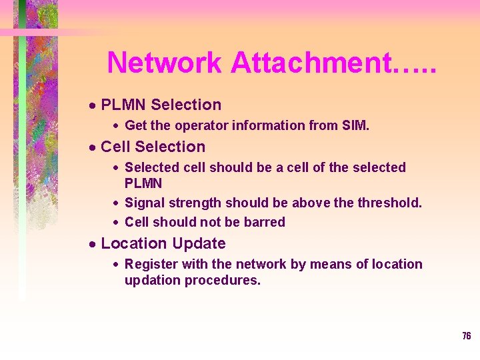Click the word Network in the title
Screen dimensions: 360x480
pyautogui.click(x=164, y=63)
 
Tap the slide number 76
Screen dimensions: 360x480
pyautogui.click(x=466, y=336)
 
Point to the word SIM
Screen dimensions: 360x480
pyautogui.click(x=354, y=125)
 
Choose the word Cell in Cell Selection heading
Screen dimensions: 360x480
pyautogui.click(x=115, y=147)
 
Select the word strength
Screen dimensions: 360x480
pyautogui.click(x=197, y=202)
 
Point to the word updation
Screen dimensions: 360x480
pyautogui.click(x=152, y=280)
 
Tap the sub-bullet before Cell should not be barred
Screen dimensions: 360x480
pyautogui.click(x=116, y=223)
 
